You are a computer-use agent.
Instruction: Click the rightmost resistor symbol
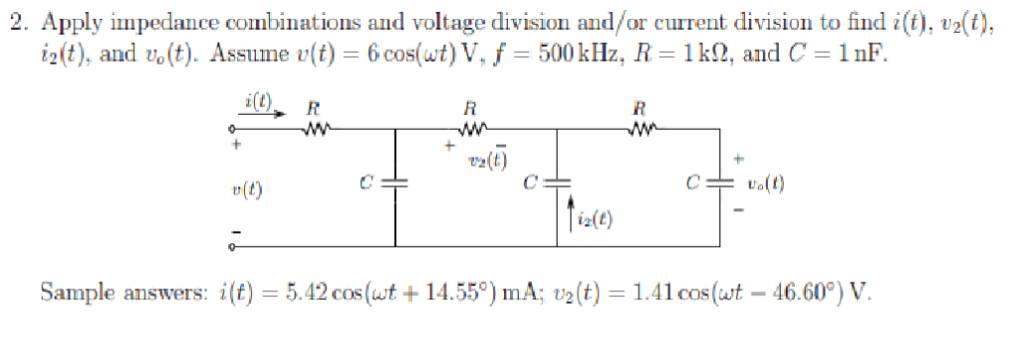(641, 126)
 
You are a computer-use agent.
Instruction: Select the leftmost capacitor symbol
(396, 183)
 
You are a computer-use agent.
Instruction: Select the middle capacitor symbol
(559, 183)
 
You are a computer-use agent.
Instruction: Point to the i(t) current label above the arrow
(256, 98)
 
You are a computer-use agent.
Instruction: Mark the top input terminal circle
(231, 128)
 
